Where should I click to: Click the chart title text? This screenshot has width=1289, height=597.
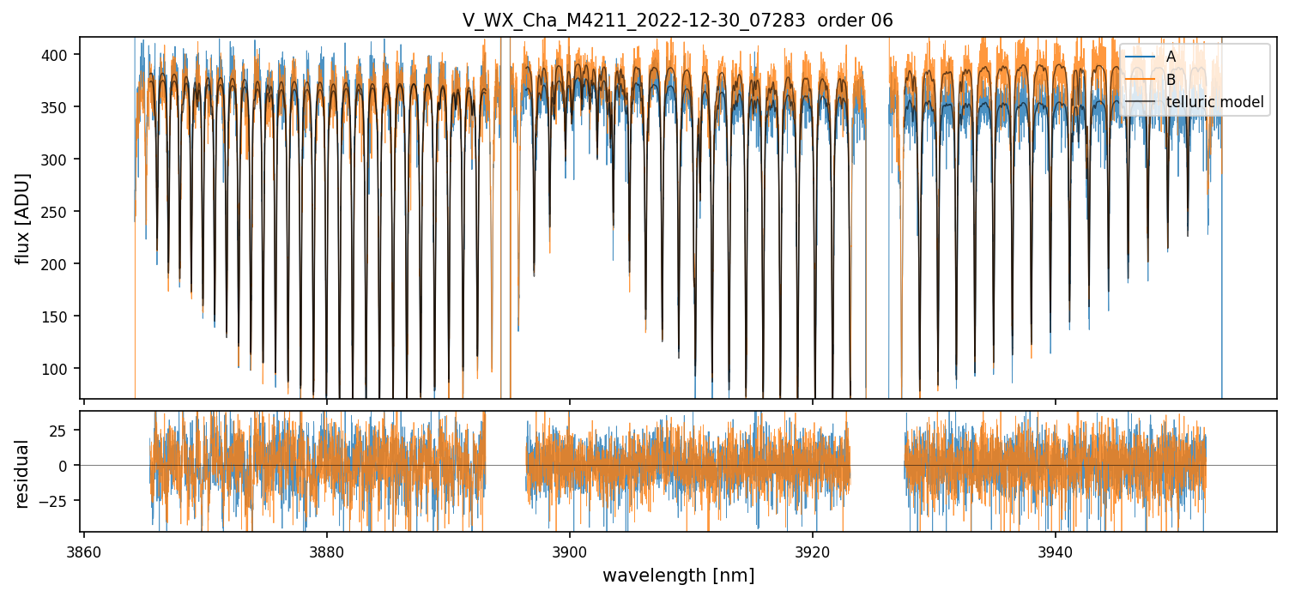pos(677,21)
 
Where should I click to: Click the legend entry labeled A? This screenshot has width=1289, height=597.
pos(1171,57)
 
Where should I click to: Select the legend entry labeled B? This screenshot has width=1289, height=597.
pos(1171,79)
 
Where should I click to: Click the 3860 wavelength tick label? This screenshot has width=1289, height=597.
pos(83,550)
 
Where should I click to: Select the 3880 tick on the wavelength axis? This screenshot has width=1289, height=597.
pos(326,550)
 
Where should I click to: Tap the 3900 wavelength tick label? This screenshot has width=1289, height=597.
pos(570,550)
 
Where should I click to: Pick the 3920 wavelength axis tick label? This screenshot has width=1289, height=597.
pos(813,550)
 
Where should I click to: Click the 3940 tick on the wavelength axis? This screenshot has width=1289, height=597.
pos(1056,550)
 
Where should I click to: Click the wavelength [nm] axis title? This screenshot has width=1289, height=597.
pos(678,576)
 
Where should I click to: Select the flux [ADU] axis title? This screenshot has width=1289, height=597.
pos(23,218)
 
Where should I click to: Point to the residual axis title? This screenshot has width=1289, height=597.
pos(23,473)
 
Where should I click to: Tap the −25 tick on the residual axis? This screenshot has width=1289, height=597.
pos(58,500)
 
